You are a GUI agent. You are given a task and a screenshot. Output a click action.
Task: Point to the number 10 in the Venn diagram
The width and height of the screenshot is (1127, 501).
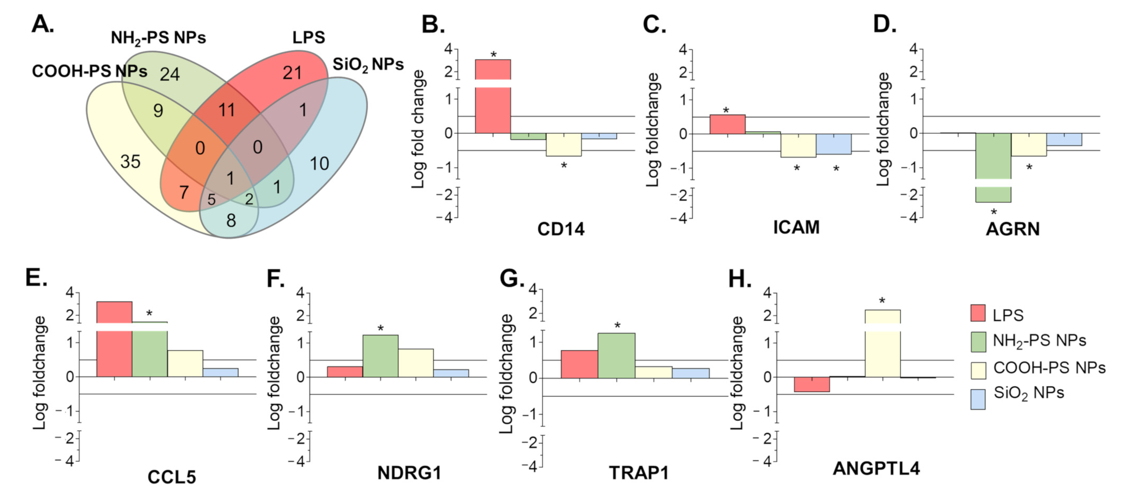319,164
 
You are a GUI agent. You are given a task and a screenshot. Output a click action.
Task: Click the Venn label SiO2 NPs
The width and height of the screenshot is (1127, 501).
368,65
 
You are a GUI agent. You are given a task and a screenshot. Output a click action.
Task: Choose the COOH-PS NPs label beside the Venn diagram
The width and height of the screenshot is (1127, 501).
89,71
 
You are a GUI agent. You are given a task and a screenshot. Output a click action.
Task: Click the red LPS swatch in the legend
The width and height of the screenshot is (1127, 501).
978,313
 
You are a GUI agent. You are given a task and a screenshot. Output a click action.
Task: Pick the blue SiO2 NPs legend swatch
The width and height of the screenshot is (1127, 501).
978,399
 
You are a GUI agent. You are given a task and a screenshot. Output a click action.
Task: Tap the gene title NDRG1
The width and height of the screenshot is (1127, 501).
409,473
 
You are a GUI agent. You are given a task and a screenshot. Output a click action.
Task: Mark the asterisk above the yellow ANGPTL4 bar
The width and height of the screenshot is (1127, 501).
882,301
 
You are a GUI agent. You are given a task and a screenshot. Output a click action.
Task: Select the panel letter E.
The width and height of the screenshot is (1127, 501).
36,278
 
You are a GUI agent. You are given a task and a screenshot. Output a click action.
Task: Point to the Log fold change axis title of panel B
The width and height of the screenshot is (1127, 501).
418,129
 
